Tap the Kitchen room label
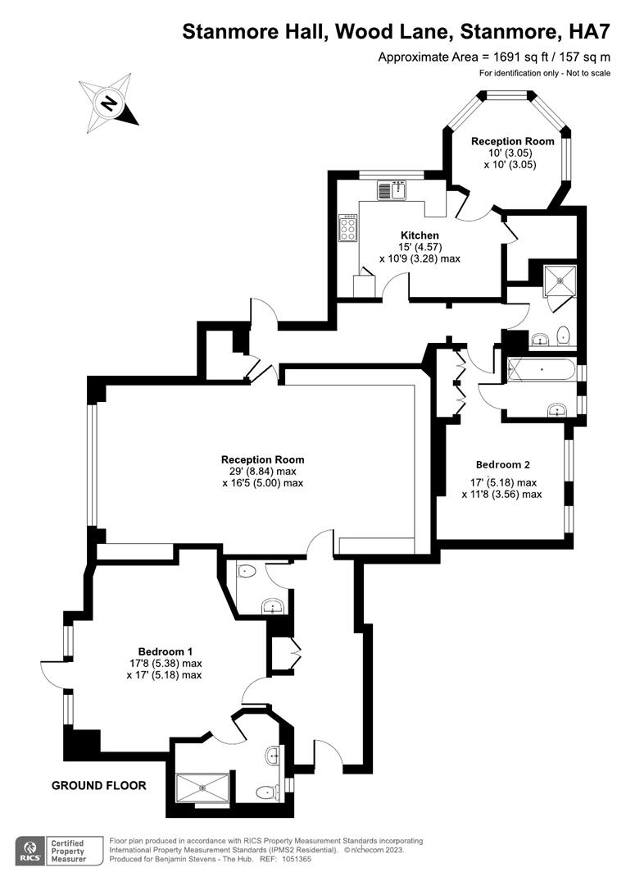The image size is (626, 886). tap(420, 235)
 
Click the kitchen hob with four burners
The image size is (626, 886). tap(348, 227)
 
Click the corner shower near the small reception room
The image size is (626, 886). tap(561, 281)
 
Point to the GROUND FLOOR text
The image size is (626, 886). tap(99, 785)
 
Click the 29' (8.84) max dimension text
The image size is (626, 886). tap(262, 472)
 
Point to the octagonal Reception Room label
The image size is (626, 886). tap(513, 141)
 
